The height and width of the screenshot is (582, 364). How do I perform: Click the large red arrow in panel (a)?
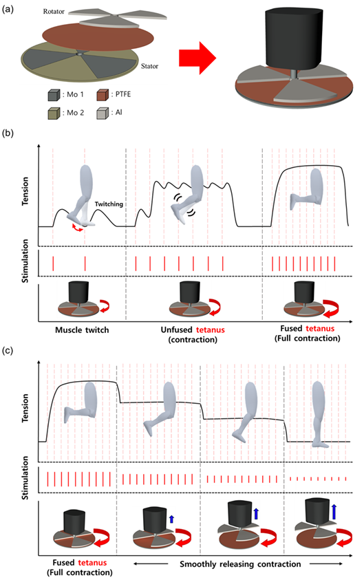(197, 58)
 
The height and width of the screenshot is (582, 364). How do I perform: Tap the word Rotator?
(54, 12)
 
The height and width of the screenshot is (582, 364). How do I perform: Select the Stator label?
(149, 66)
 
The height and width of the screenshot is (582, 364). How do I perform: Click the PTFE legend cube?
(103, 95)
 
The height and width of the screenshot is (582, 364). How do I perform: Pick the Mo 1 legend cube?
(54, 95)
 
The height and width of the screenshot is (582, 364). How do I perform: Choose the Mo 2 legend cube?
(54, 114)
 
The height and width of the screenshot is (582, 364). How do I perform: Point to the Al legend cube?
(103, 114)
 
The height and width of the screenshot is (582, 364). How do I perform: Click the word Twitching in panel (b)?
(109, 204)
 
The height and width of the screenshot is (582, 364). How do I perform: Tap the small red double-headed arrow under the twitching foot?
(78, 228)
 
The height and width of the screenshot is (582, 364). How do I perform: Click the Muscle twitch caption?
(82, 330)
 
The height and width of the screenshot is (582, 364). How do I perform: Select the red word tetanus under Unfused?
(211, 330)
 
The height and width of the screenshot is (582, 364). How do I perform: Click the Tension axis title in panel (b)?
(25, 191)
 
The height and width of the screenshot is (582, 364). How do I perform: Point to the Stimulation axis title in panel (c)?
(25, 478)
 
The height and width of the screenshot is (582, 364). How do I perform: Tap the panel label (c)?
(8, 351)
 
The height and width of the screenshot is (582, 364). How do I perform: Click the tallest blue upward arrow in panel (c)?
(334, 511)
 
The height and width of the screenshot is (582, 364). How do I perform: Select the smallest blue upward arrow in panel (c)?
(171, 519)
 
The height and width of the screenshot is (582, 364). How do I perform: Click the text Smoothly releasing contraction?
(240, 564)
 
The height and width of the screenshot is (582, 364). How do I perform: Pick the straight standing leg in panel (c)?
(319, 415)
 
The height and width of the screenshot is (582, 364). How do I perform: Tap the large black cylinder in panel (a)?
(292, 38)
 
